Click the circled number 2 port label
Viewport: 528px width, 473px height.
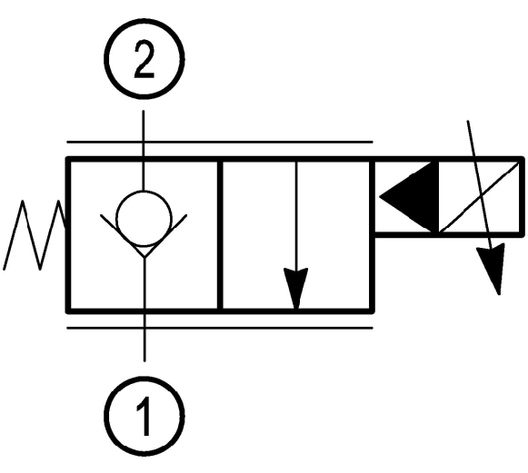pos(144,59)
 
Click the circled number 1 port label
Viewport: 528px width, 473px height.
pos(144,416)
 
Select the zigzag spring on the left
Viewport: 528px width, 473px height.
pos(34,235)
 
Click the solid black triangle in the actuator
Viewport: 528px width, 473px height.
pos(409,197)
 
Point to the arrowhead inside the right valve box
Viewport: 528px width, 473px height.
pos(296,288)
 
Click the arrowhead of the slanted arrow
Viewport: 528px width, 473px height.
pos(492,269)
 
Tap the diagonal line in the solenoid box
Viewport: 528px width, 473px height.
pos(480,197)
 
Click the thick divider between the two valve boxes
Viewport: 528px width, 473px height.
pos(220,235)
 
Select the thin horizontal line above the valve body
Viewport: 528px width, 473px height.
pos(220,143)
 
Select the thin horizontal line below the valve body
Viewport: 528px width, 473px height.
pos(220,328)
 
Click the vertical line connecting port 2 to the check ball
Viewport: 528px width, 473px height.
pos(144,151)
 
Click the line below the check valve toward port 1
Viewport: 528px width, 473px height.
pos(144,309)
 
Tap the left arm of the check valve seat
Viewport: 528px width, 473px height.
pos(123,235)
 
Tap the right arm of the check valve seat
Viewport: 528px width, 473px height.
pos(165,235)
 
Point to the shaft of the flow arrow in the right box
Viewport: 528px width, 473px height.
pos(296,215)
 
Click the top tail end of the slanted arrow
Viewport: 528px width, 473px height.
pos(468,121)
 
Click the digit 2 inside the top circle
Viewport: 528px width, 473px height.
pos(144,59)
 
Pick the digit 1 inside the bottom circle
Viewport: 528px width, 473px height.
pos(144,416)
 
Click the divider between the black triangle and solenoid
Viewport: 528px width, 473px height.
pos(437,197)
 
